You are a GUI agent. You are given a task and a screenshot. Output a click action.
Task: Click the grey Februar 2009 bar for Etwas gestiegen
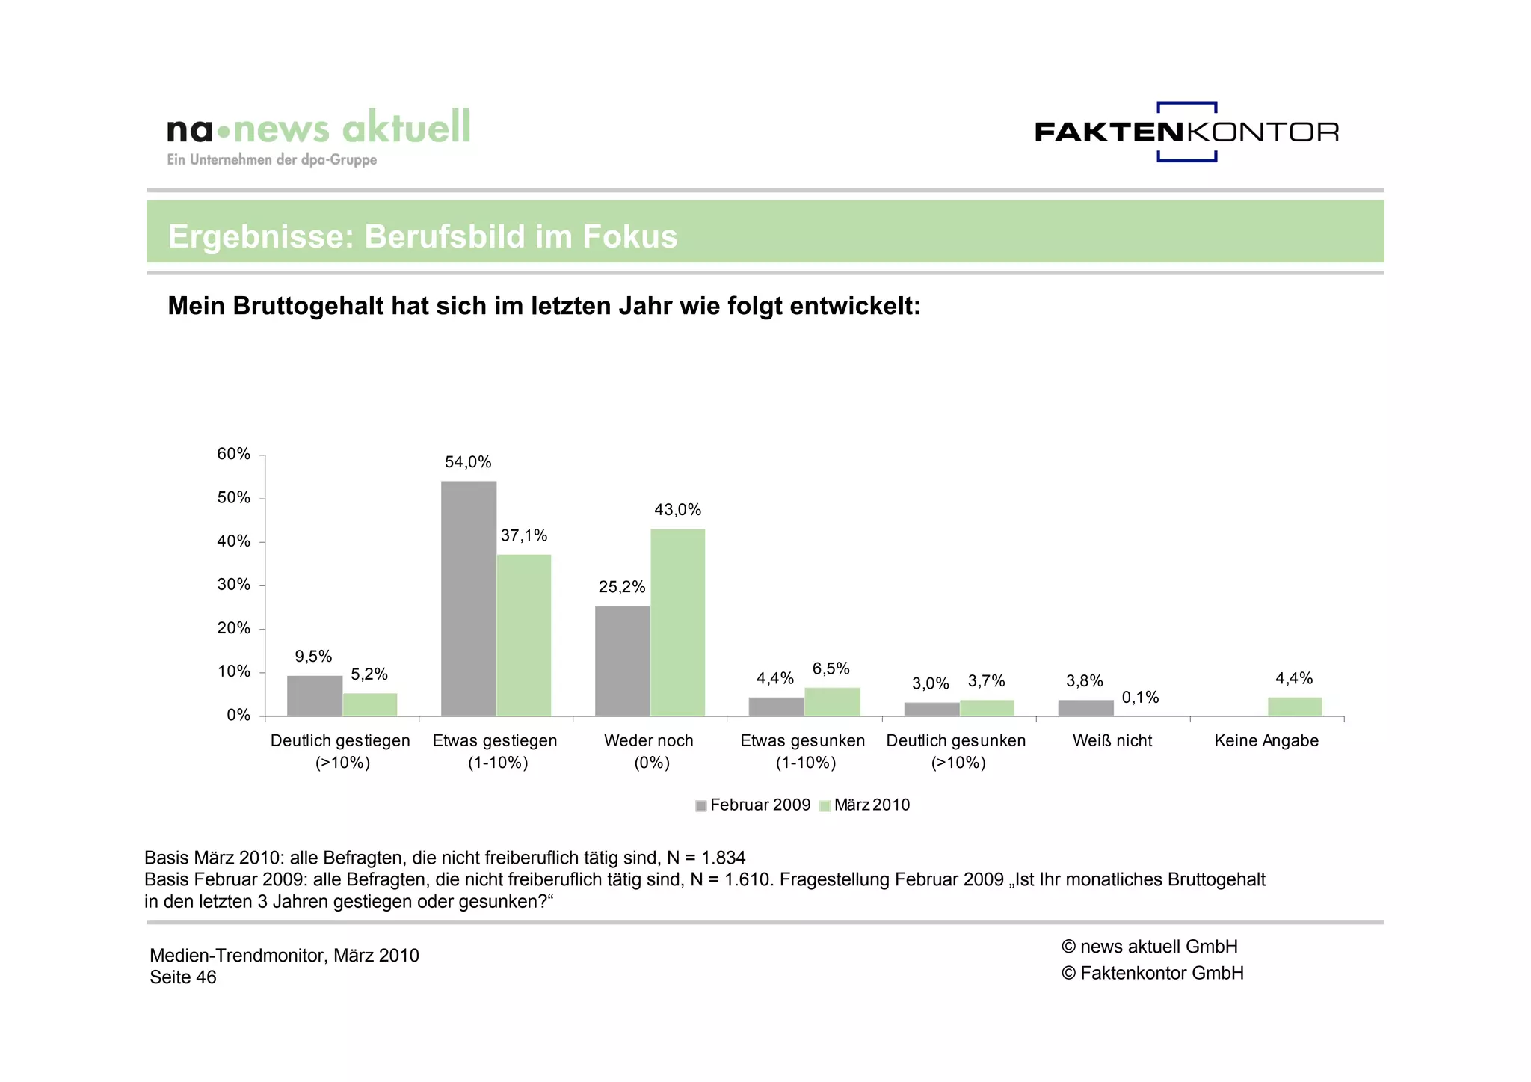point(468,598)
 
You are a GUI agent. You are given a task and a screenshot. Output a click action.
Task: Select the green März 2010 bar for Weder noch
point(677,622)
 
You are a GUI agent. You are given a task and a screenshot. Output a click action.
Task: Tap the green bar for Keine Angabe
point(1295,707)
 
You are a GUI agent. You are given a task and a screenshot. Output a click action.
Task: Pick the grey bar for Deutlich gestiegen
point(315,696)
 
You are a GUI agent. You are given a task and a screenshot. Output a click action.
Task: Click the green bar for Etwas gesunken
point(832,701)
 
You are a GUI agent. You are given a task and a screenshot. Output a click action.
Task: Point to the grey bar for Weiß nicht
point(1085,708)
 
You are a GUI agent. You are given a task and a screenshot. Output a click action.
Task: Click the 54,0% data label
point(468,462)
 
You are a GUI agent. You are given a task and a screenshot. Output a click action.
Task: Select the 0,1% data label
point(1140,698)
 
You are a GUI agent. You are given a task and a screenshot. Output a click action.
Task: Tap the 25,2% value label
point(621,587)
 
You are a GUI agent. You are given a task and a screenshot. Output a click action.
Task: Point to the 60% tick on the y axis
point(233,454)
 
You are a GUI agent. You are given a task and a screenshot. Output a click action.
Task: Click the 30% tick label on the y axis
point(233,585)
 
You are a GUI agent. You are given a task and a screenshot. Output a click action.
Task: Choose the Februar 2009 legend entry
point(753,805)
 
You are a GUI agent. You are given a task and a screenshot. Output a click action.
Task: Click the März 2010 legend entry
point(865,805)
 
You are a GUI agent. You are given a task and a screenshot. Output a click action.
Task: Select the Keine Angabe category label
point(1266,740)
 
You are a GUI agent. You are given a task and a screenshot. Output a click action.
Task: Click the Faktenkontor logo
point(1186,132)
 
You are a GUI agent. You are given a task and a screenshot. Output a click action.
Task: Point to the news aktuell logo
point(318,135)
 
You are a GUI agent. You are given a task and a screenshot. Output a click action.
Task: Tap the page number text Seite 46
point(183,977)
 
